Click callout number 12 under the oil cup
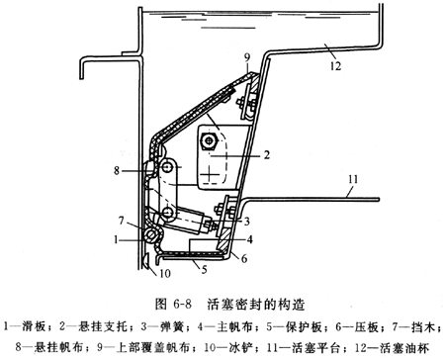tap(335, 66)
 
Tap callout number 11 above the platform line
tap(353, 179)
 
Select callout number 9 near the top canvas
tap(247, 57)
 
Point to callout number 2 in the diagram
tap(267, 154)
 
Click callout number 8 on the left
tap(117, 171)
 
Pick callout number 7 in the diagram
tap(122, 221)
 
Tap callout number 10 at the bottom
tap(165, 273)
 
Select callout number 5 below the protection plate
tap(204, 269)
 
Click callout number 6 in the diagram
tap(244, 259)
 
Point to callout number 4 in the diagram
tap(250, 239)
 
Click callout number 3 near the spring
tap(247, 222)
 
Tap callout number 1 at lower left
tap(116, 239)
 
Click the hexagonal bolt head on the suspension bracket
tap(209, 141)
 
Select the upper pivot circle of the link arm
tap(168, 168)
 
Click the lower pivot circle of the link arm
tap(168, 213)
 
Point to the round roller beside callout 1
tap(152, 235)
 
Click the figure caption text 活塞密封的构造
tap(256, 305)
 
